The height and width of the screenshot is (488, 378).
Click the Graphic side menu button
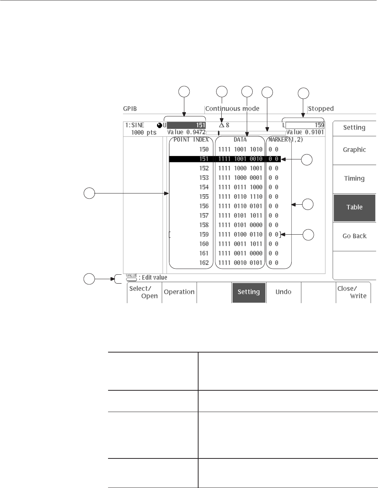[354, 150]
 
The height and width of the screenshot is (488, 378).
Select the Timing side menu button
[354, 179]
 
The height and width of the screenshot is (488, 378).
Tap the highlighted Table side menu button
[354, 207]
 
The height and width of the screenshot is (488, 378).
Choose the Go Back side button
[354, 236]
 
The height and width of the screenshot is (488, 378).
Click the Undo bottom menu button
[283, 292]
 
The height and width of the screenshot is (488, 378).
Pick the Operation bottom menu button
[179, 292]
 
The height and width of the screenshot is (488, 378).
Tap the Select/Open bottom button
[144, 292]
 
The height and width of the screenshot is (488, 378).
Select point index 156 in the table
[204, 206]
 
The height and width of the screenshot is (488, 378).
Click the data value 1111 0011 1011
[240, 244]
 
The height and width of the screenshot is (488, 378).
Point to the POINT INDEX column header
[191, 140]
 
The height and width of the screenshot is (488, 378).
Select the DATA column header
[240, 140]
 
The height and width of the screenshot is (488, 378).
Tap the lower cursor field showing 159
[305, 125]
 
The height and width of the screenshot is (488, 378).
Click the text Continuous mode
[232, 109]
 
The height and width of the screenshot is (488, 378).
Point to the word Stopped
[320, 109]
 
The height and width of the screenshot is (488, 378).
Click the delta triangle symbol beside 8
[221, 125]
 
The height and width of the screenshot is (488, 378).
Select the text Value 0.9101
[305, 132]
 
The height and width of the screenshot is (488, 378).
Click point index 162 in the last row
[204, 263]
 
